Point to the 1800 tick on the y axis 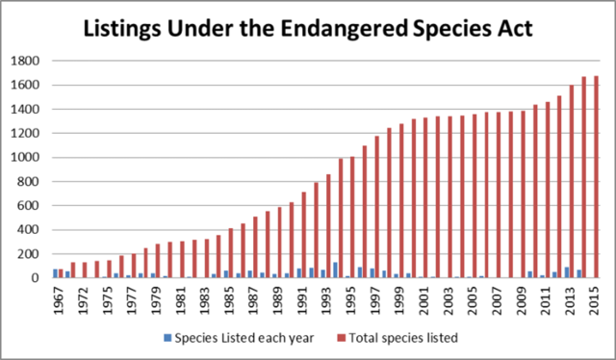(x=33, y=61)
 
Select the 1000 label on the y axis (x=33, y=158)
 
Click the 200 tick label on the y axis (x=36, y=254)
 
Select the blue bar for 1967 (x=57, y=273)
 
